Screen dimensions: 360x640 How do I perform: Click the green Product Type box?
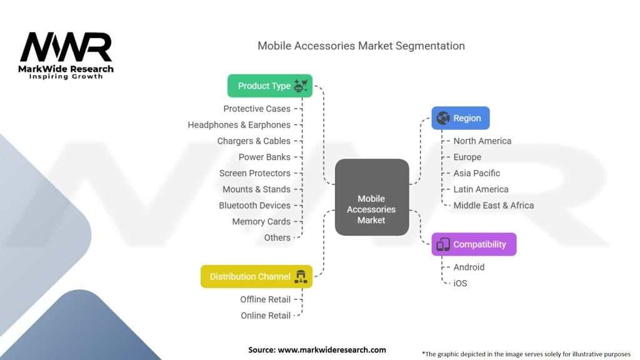pyautogui.click(x=269, y=86)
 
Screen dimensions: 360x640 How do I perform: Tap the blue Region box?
pyautogui.click(x=461, y=118)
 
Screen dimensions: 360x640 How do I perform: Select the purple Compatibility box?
pyautogui.click(x=474, y=244)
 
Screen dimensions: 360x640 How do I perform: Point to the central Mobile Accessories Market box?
pyautogui.click(x=371, y=209)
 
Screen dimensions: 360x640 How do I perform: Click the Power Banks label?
pyautogui.click(x=264, y=157)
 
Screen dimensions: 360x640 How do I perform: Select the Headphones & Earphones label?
pyautogui.click(x=239, y=125)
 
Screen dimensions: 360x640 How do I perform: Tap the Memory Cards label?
pyautogui.click(x=261, y=221)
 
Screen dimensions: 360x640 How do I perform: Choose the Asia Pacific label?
pyautogui.click(x=477, y=173)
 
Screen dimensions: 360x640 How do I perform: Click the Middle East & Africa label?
pyautogui.click(x=494, y=205)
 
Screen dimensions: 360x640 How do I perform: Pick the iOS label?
pyautogui.click(x=460, y=283)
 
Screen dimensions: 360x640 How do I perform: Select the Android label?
pyautogui.click(x=469, y=267)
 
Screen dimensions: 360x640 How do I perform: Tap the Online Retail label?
pyautogui.click(x=266, y=316)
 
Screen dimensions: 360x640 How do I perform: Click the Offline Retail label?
pyautogui.click(x=266, y=299)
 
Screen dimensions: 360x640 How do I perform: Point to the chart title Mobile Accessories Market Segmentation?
pyautogui.click(x=361, y=46)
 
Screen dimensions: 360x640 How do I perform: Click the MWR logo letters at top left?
pyautogui.click(x=65, y=47)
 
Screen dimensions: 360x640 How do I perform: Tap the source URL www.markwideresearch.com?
pyautogui.click(x=332, y=349)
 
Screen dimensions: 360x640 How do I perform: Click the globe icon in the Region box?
pyautogui.click(x=443, y=118)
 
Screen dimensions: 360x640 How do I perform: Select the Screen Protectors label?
pyautogui.click(x=254, y=173)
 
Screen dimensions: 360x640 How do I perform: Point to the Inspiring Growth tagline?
pyautogui.click(x=66, y=77)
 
